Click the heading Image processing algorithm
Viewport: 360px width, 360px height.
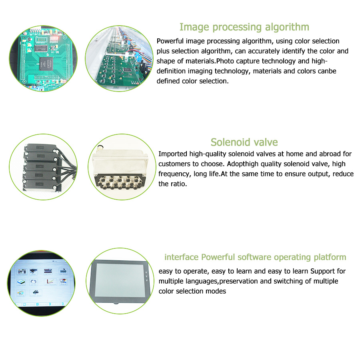(x=244, y=27)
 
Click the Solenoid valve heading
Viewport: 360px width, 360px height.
(x=244, y=142)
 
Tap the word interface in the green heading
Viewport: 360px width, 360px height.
(x=182, y=257)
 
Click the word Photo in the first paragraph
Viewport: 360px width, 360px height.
(x=225, y=61)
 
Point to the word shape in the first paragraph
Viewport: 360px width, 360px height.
(x=166, y=61)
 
